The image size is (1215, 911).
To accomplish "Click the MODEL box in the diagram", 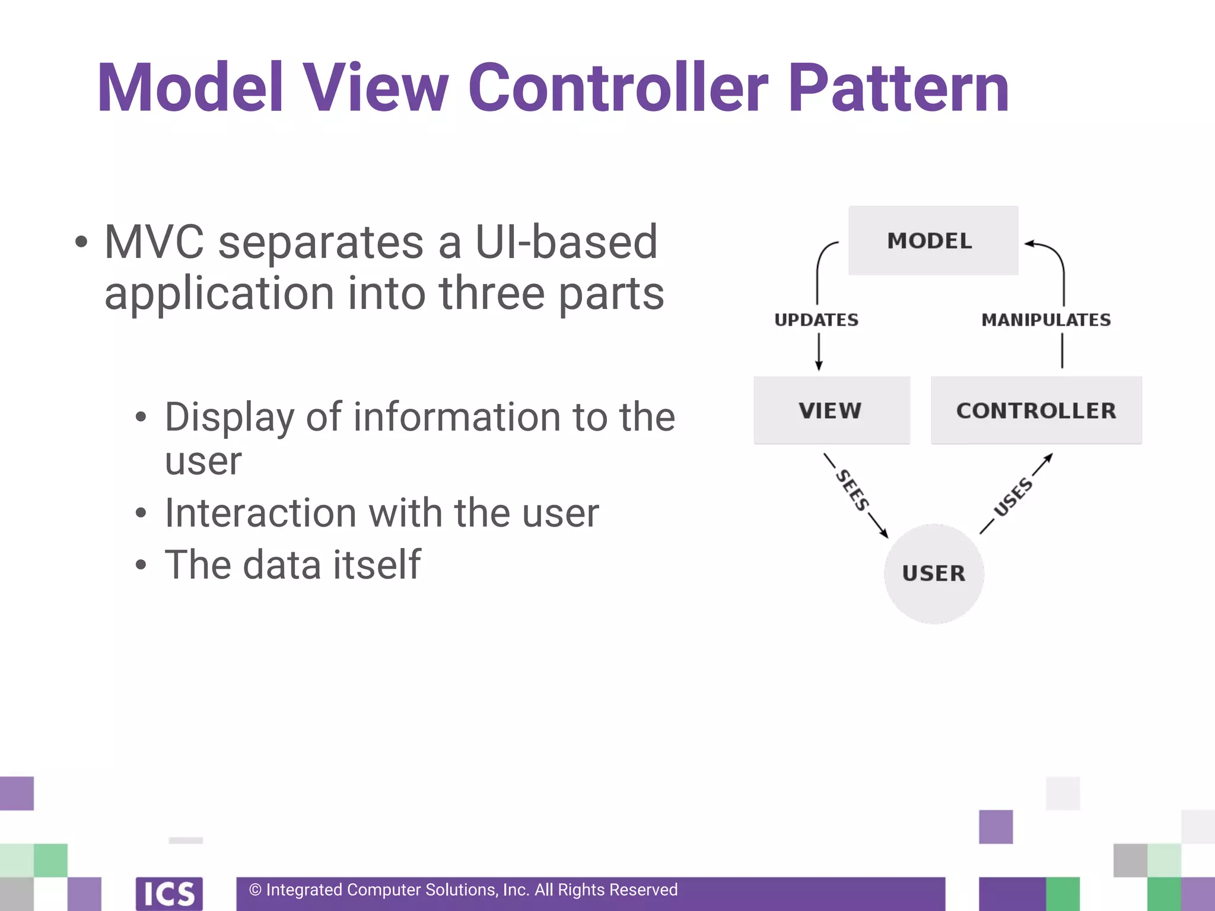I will tap(933, 241).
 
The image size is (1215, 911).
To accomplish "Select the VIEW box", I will tap(831, 410).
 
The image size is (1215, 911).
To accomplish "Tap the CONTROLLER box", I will tap(1036, 410).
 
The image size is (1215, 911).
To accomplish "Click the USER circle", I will tap(934, 574).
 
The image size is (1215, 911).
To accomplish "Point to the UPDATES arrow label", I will tap(816, 320).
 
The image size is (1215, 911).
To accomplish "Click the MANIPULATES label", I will tap(1046, 320).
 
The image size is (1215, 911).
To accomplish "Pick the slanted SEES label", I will tap(853, 490).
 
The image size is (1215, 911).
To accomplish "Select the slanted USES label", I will tap(1013, 496).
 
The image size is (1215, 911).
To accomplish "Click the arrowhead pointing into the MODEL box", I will tap(1029, 244).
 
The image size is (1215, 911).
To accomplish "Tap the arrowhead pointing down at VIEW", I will tap(819, 367).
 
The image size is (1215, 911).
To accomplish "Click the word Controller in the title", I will tap(618, 88).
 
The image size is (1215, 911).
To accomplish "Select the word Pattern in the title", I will tap(898, 88).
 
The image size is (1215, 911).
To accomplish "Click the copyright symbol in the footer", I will tap(255, 890).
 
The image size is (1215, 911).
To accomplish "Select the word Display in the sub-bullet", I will tap(229, 417).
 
